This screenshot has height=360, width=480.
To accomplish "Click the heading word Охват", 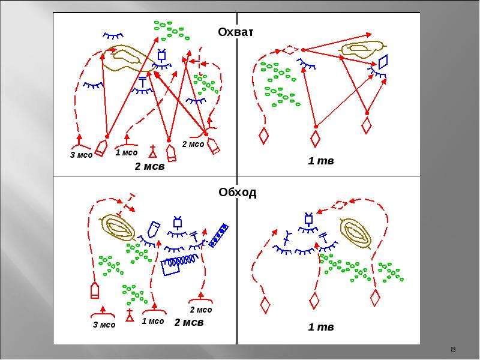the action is [236, 32].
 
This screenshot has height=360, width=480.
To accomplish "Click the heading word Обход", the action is [238, 192].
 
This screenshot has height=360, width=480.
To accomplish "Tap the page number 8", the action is [454, 349].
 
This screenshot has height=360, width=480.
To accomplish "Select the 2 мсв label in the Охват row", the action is [149, 166].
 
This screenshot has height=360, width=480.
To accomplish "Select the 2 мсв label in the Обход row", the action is [189, 322].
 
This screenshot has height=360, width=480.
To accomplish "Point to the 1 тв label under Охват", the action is [321, 161].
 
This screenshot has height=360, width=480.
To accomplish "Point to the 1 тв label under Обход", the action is [321, 327].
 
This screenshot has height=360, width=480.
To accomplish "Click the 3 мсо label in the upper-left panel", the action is [81, 155].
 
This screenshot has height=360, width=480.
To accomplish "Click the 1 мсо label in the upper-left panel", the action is [127, 152].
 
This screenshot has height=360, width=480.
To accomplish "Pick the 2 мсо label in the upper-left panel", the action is [193, 144].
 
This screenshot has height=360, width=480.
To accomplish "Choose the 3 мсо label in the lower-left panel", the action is [104, 325].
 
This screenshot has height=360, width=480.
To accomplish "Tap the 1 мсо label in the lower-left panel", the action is [153, 321].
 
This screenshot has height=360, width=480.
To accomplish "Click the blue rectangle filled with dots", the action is [218, 235].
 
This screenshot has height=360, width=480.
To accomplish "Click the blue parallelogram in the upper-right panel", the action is [383, 62].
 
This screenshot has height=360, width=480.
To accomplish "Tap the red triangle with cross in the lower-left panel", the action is [130, 316].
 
